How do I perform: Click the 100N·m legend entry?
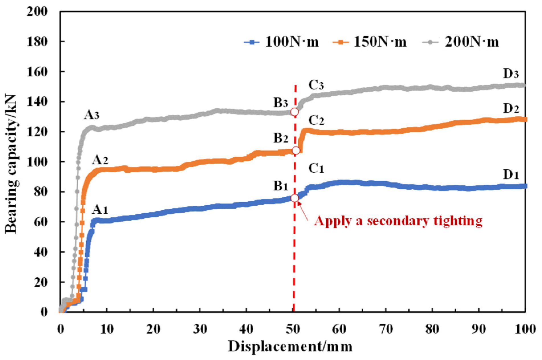(282, 42)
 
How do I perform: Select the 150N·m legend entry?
(370, 42)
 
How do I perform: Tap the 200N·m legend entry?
(461, 42)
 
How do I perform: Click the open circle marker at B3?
(295, 112)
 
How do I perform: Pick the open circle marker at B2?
(296, 150)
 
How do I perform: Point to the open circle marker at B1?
(295, 198)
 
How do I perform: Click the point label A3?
(91, 115)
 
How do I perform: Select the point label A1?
(100, 210)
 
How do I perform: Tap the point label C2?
(316, 121)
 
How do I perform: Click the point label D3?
(511, 74)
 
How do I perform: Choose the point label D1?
(511, 175)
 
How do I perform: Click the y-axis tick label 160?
(37, 72)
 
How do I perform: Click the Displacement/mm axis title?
(290, 347)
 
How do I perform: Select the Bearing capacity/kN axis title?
(11, 164)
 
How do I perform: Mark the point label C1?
(316, 168)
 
